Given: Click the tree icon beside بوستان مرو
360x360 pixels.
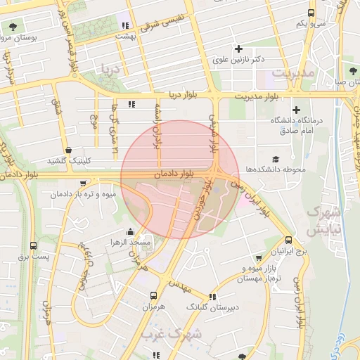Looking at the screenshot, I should [x=13, y=27].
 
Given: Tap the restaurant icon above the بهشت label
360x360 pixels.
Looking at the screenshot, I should [x=125, y=25].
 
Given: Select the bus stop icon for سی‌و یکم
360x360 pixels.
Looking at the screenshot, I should [x=311, y=13].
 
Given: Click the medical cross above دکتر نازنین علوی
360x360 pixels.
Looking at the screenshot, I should [x=239, y=49].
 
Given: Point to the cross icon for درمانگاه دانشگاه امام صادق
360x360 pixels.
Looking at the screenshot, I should [x=297, y=110].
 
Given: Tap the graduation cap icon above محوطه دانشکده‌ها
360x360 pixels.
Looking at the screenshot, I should [x=276, y=160].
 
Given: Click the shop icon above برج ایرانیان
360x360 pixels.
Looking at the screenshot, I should [x=289, y=239].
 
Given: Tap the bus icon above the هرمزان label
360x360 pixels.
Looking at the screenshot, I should [x=153, y=296].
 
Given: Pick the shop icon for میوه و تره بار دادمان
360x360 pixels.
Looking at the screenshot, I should [x=84, y=183].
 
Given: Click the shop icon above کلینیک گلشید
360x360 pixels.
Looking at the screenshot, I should [x=68, y=150].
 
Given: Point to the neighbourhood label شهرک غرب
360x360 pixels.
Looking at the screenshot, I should [x=171, y=335].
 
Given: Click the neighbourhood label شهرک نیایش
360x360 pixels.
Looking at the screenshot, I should [x=324, y=220].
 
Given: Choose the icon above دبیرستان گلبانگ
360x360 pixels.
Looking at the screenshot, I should [x=213, y=297].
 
